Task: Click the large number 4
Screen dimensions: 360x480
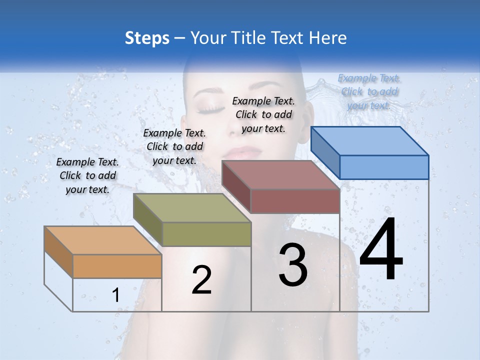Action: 381,249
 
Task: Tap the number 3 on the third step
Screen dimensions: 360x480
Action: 293,265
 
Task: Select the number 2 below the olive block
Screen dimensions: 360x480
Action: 201,280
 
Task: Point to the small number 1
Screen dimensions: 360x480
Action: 115,295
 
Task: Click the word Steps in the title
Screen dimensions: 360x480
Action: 147,38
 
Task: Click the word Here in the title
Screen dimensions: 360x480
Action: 328,38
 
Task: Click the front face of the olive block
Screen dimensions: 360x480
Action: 206,234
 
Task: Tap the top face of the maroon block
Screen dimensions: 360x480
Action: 280,175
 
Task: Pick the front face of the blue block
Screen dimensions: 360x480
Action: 384,167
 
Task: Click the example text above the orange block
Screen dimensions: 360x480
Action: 88,176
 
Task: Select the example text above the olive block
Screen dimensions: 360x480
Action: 174,147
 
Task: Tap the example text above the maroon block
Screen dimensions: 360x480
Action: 263,114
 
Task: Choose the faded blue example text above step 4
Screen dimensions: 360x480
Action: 369,91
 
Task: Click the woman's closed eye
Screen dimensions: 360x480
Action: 210,107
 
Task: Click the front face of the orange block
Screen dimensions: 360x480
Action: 117,266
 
